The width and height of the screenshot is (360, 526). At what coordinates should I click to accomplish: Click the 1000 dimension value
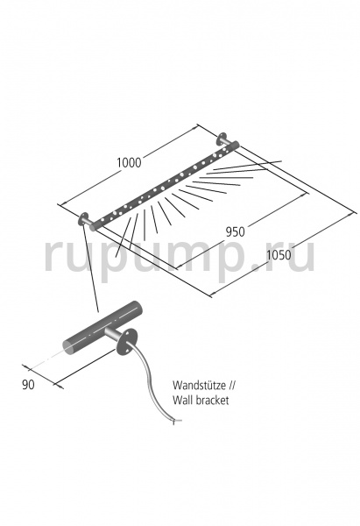129,163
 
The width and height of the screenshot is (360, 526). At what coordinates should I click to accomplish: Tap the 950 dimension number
235,231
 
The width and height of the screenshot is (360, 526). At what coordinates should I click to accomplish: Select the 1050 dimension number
279,255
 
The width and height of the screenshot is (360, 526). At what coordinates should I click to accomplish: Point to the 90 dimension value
28,385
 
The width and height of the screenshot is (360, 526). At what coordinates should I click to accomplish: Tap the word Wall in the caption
181,401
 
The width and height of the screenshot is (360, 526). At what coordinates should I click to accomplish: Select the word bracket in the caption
211,401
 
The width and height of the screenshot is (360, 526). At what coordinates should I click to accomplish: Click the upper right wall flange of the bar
222,139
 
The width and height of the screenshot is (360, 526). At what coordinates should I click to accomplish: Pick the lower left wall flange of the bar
82,219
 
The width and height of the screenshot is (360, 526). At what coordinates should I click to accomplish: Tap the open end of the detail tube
69,348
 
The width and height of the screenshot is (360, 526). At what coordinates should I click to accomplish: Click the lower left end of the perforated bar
94,226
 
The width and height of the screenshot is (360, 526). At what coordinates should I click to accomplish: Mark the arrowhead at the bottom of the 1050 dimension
211,295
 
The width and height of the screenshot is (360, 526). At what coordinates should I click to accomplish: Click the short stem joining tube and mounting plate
112,334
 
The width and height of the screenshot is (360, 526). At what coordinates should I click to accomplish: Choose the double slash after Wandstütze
231,386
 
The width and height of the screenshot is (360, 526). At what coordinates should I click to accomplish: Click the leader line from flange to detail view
90,267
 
